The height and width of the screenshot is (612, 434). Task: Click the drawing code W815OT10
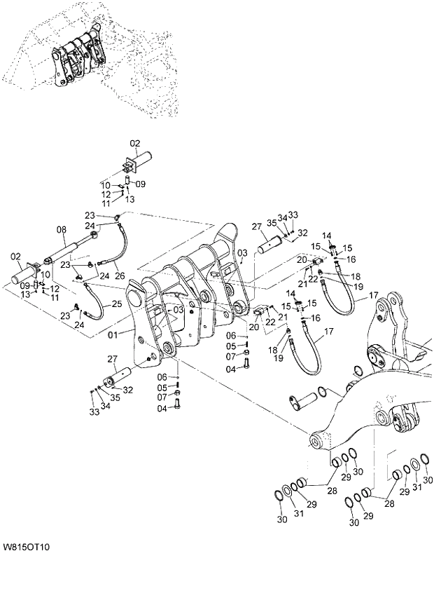pyautogui.click(x=30, y=546)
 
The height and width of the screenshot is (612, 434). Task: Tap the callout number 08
pyautogui.click(x=61, y=229)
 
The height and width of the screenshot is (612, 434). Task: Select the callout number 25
pyautogui.click(x=116, y=304)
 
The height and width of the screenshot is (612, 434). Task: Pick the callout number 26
pyautogui.click(x=119, y=275)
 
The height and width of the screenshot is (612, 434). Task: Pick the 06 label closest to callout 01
pyautogui.click(x=181, y=377)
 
